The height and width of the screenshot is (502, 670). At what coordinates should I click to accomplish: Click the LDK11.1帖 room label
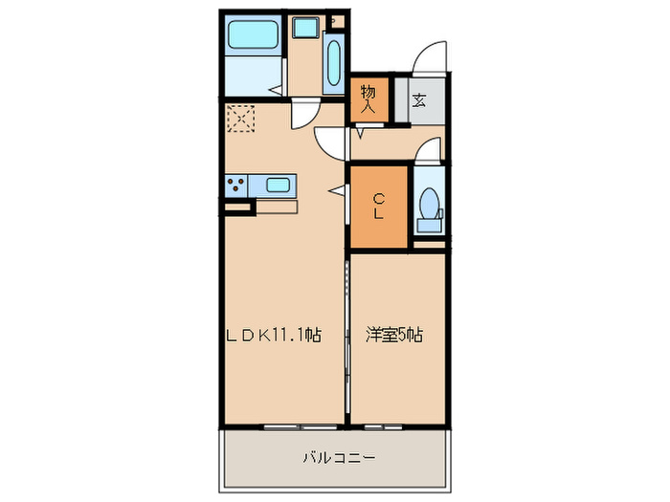click(272, 336)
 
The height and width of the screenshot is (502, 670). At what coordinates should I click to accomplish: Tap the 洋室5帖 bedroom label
click(395, 336)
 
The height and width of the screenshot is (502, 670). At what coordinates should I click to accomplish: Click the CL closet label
click(379, 207)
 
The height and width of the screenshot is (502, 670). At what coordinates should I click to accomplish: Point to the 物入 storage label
click(368, 98)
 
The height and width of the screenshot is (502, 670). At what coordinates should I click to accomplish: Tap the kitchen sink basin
click(279, 185)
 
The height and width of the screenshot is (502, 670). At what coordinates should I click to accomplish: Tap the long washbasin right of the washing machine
click(333, 63)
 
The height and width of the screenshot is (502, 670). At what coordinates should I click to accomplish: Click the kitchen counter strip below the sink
click(277, 206)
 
